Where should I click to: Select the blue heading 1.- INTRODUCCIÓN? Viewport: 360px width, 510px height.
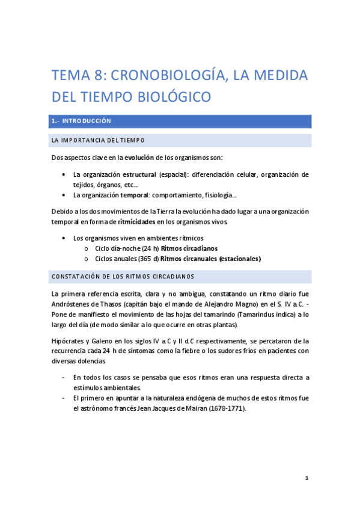(x=82, y=121)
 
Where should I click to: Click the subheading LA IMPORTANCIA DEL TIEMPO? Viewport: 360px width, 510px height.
(x=99, y=141)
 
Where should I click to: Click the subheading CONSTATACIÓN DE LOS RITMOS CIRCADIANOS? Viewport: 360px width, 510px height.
(x=123, y=277)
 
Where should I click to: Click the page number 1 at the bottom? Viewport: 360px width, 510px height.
(x=307, y=478)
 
